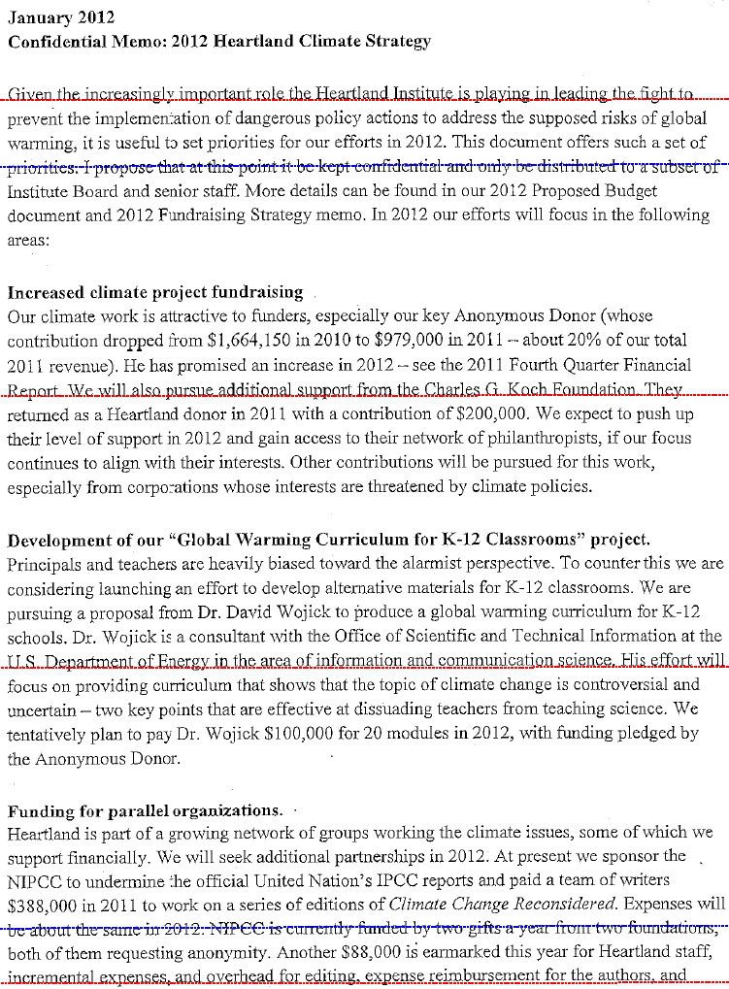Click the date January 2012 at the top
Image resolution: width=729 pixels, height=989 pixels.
[x=61, y=18]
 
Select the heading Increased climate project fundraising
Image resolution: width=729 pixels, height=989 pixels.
[x=154, y=292]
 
